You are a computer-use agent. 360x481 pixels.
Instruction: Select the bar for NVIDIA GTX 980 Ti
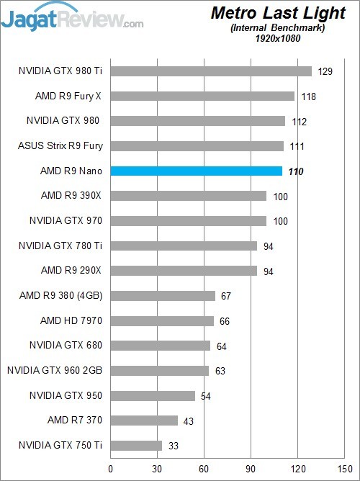point(211,71)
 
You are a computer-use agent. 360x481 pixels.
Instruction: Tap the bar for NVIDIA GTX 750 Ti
point(136,446)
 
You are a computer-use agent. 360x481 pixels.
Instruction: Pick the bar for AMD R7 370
point(144,421)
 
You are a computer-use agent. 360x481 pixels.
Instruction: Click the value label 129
point(325,71)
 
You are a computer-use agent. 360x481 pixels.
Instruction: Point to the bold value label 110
point(295,171)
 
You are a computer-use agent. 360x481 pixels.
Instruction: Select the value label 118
point(307,96)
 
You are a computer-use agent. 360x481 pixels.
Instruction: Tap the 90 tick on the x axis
point(251,469)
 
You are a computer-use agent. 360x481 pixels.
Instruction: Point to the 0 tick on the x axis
point(110,469)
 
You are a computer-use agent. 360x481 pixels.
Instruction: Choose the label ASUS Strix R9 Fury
point(60,146)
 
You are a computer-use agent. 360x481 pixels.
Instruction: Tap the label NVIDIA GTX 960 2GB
point(55,370)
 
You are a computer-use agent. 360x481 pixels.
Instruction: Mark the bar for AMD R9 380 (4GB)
point(163,296)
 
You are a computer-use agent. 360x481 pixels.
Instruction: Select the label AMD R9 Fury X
point(68,96)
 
